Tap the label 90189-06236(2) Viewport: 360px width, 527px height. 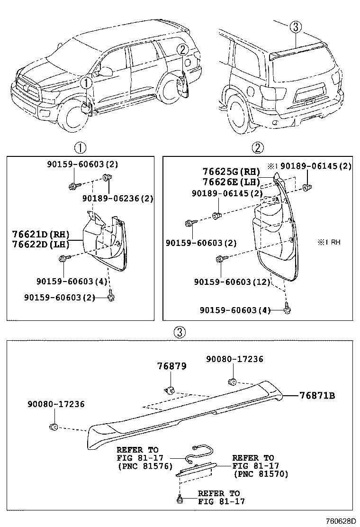pos(117,199)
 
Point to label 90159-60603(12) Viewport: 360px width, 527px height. pos(232,282)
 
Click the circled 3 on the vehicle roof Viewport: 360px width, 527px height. pos(296,27)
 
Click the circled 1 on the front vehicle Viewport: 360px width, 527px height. pos(85,83)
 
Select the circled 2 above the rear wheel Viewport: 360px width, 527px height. pos(183,49)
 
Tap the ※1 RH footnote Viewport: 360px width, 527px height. pos(329,242)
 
